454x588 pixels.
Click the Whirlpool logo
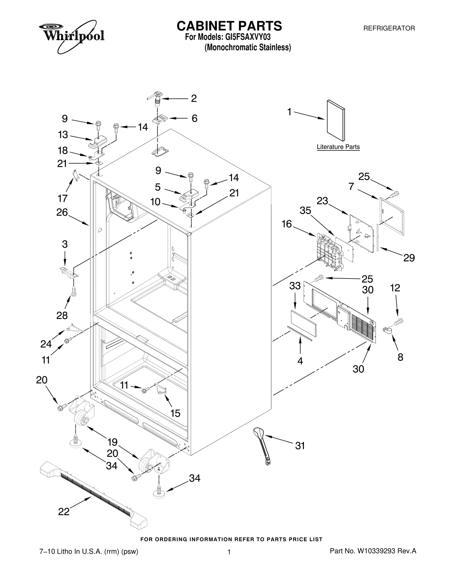[x=72, y=36]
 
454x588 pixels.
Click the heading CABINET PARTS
[x=229, y=26]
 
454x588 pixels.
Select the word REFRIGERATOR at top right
[x=389, y=28]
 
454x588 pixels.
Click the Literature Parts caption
[x=338, y=147]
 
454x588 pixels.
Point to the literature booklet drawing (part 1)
[x=336, y=120]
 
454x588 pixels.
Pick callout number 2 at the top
[x=194, y=99]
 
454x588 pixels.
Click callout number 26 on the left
[x=62, y=212]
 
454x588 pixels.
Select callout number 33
[x=295, y=286]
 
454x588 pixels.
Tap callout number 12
[x=395, y=288]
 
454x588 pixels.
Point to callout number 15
[x=175, y=413]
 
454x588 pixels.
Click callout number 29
[x=409, y=258]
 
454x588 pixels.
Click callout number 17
[x=62, y=198]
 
